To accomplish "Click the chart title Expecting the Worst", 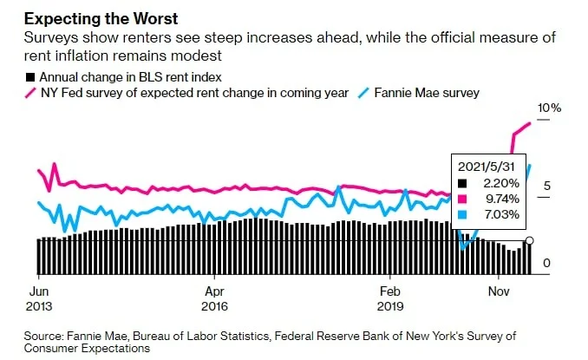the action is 101,19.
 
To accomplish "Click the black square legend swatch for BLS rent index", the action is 30,77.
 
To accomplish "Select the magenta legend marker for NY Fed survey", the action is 30,93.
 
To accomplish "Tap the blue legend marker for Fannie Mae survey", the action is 363,93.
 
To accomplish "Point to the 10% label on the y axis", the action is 549,108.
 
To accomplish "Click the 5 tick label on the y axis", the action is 546,186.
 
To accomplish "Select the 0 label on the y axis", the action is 546,263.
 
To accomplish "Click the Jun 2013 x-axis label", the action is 39,299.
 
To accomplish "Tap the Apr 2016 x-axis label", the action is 214,299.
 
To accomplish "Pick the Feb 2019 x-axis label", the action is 390,299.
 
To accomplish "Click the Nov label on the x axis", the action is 499,291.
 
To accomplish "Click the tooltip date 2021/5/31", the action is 486,167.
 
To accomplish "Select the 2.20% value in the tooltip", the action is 501,183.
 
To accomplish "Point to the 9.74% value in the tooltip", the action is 502,199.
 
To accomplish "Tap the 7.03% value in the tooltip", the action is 502,214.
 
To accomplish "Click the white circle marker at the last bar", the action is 530,240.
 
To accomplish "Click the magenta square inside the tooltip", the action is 462,200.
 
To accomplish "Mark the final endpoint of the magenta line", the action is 530,123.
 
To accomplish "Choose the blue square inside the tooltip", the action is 462,215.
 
